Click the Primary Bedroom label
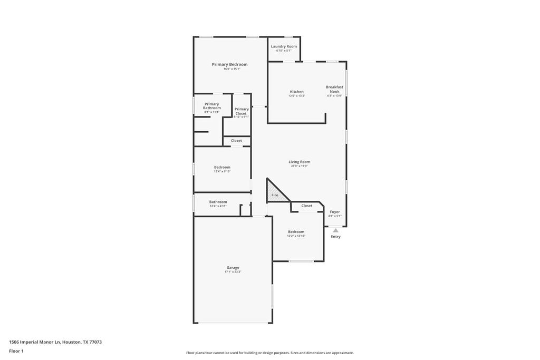pos(229,64)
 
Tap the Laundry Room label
pos(284,46)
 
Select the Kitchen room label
pos(296,92)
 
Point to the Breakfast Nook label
pos(334,89)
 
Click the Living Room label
pos(299,162)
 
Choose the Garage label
pos(233,268)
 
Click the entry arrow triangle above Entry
pos(335,230)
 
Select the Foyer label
pos(335,212)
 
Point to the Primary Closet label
pos(241,111)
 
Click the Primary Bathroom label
pos(211,106)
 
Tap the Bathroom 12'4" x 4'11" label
pos(218,202)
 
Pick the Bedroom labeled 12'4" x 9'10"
pos(222,167)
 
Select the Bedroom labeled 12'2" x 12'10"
pos(296,232)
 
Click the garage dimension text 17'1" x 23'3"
pos(233,272)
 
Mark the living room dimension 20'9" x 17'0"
pos(299,166)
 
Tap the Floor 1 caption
pos(16,351)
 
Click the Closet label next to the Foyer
pos(307,206)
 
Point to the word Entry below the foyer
pos(335,237)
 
